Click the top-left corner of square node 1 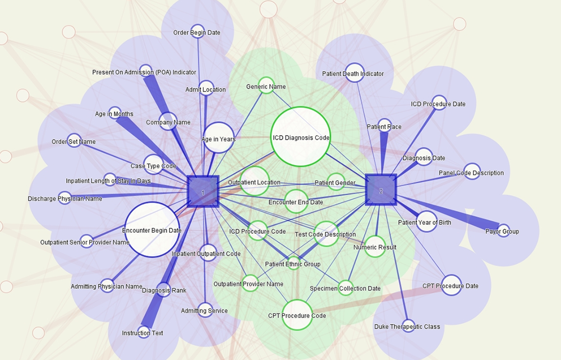(x=188, y=176)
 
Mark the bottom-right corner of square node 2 (x=397, y=205)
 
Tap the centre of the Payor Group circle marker (x=503, y=230)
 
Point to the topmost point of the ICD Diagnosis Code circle (x=301, y=107)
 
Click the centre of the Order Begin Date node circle (x=197, y=31)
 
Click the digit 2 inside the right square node (x=381, y=191)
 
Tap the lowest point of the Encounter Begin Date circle (x=152, y=257)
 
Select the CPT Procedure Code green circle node (x=297, y=315)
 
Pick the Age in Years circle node (x=218, y=137)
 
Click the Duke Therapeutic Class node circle (x=408, y=326)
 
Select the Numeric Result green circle (x=375, y=246)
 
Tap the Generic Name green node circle (x=266, y=85)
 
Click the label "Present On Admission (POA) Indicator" (x=144, y=72)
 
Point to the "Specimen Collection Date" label (x=345, y=288)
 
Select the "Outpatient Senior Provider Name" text (x=85, y=242)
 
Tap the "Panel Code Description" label (x=471, y=173)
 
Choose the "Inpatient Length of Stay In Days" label (x=108, y=181)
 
